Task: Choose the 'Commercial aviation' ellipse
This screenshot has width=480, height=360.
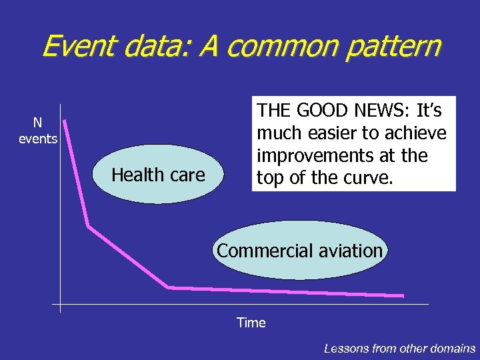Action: coord(300,251)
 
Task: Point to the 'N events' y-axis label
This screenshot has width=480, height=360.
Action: coord(38,131)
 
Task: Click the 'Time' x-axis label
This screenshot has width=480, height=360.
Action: coord(251,323)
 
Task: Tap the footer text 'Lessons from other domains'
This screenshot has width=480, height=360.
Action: coord(399,348)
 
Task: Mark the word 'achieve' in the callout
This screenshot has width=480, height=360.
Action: coord(419,133)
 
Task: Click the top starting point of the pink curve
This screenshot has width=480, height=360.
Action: coord(65,121)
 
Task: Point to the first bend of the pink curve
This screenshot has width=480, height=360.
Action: coord(88,227)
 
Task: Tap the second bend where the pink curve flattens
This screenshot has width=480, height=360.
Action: coord(169,287)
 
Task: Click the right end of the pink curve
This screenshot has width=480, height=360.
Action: coord(403,295)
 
